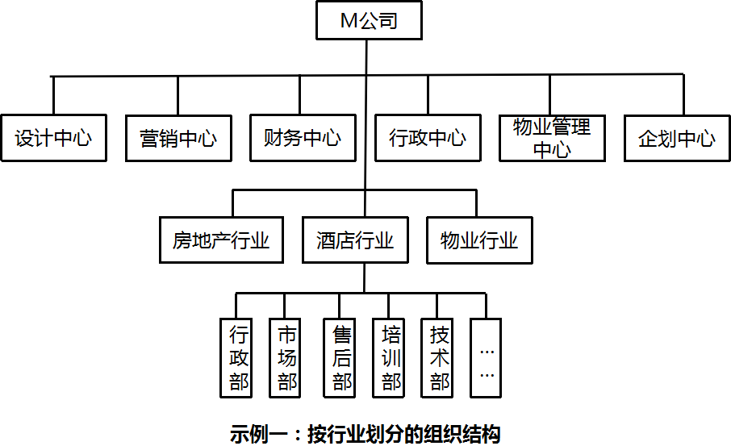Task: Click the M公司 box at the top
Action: click(369, 21)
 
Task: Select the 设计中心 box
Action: click(53, 138)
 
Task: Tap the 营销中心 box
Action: click(178, 138)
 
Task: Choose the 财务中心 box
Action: click(303, 138)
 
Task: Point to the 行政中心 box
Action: click(428, 138)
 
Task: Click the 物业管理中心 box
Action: click(552, 138)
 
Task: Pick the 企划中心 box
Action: click(677, 138)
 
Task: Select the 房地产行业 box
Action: click(220, 240)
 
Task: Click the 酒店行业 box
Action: click(355, 240)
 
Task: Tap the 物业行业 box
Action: click(479, 240)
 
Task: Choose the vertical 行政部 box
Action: click(239, 357)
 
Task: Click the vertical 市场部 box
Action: click(286, 357)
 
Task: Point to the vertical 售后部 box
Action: click(341, 357)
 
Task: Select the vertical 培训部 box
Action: click(391, 357)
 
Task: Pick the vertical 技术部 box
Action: click(439, 357)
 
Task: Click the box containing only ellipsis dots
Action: click(487, 357)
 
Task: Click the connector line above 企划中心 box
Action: click(683, 95)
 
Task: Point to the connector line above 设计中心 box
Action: click(53, 95)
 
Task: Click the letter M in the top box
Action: click(348, 22)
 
